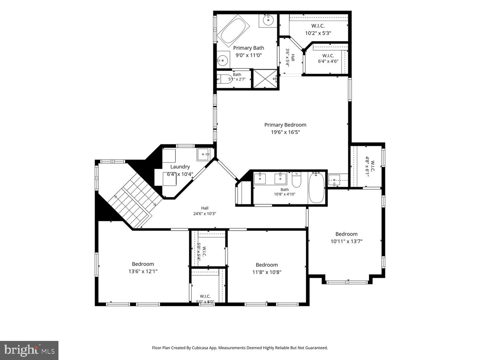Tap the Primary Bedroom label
pyautogui.click(x=285, y=125)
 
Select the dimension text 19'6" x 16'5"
pyautogui.click(x=285, y=132)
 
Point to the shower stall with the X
pyautogui.click(x=265, y=79)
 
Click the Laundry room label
pyautogui.click(x=180, y=167)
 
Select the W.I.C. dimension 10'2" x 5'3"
pyautogui.click(x=318, y=33)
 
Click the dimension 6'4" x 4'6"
pyautogui.click(x=328, y=61)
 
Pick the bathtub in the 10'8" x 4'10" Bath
pyautogui.click(x=316, y=187)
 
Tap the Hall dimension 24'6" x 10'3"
pyautogui.click(x=205, y=214)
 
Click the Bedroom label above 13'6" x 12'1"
pyautogui.click(x=143, y=264)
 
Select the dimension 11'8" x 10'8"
pyautogui.click(x=267, y=272)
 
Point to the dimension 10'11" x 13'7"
pyautogui.click(x=346, y=241)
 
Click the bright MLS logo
pyautogui.click(x=29, y=350)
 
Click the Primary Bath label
pyautogui.click(x=249, y=48)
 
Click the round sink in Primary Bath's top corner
pyautogui.click(x=268, y=20)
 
